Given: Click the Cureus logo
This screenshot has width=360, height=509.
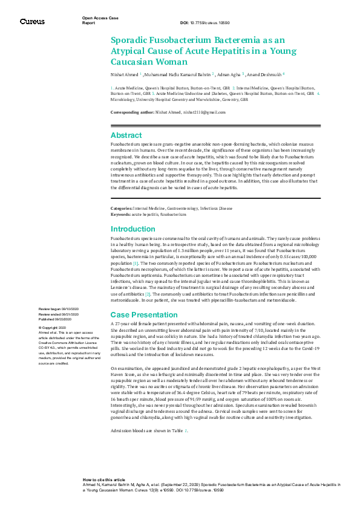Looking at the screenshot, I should (x=32, y=21).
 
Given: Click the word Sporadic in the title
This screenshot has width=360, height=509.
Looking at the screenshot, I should (x=133, y=39).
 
